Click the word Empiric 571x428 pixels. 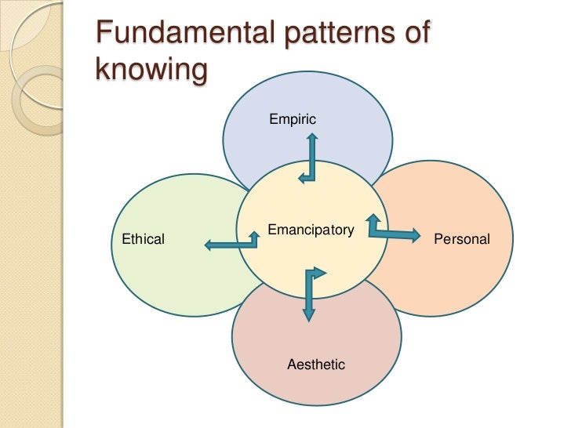coord(292,119)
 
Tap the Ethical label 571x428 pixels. coord(144,239)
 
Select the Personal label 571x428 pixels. coord(461,239)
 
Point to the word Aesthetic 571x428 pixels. coord(316,365)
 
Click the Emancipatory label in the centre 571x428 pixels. coord(311,230)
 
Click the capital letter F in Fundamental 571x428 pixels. coord(102,37)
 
